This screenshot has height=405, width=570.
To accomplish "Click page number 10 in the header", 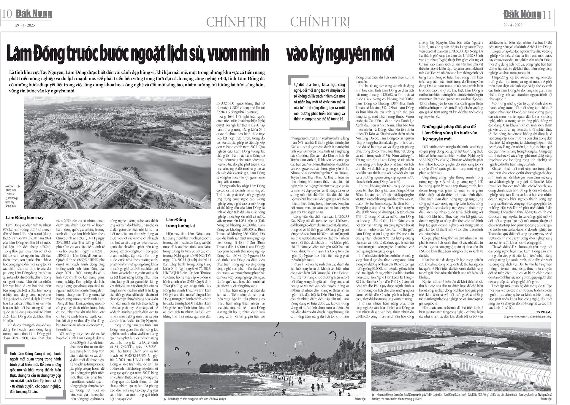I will pyautogui.click(x=7, y=14).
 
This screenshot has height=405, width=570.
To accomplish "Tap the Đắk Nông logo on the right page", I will pyautogui.click(x=522, y=14).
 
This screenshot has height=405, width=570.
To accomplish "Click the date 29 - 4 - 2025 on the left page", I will pyautogui.click(x=25, y=25).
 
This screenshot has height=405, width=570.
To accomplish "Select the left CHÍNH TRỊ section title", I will pyautogui.click(x=236, y=22).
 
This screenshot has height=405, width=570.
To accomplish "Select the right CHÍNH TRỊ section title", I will pyautogui.click(x=320, y=22).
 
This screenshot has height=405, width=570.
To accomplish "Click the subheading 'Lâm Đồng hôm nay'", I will pyautogui.click(x=25, y=218).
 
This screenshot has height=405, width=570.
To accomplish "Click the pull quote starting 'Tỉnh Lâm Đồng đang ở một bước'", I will pyautogui.click(x=35, y=372).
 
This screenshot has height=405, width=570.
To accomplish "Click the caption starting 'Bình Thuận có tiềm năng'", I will pyautogui.click(x=197, y=399).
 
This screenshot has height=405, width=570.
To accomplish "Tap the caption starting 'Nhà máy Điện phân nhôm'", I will pyautogui.click(x=463, y=397).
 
